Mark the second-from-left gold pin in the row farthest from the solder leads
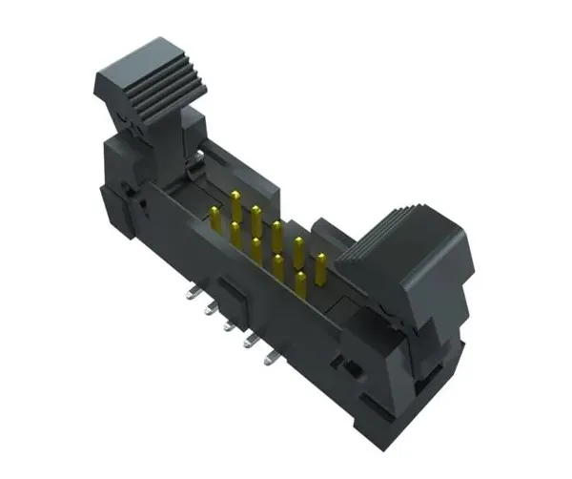point(255,219)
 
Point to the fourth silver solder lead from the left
point(250,344)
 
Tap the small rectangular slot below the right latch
point(352,367)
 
